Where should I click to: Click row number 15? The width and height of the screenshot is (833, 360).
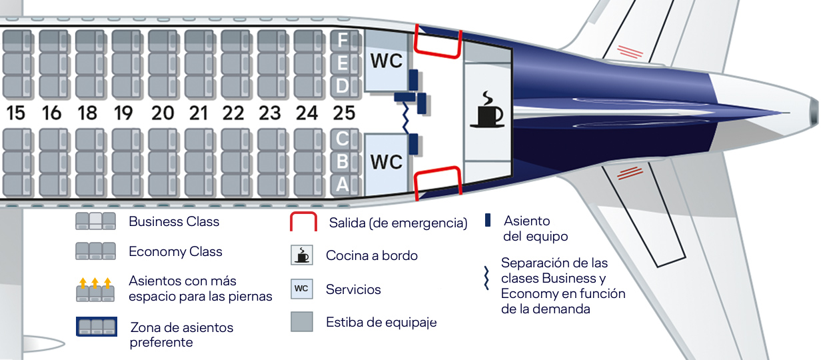click(15, 113)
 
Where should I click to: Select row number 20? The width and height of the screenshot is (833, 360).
click(161, 113)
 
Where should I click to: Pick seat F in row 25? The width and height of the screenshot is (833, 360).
click(342, 41)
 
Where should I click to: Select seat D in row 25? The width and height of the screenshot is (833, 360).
click(342, 86)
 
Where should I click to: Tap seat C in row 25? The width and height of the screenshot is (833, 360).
click(342, 139)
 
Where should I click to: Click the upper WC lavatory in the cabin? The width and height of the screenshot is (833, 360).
click(387, 61)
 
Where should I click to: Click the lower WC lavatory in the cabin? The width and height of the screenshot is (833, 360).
click(387, 162)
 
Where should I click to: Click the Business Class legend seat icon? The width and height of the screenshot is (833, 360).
click(96, 221)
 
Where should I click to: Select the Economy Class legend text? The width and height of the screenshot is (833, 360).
click(175, 252)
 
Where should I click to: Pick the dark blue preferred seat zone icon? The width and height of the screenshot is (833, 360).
click(97, 327)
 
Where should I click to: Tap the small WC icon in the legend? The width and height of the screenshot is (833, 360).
click(301, 289)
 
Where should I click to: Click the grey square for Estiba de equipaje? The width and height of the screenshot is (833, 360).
click(301, 322)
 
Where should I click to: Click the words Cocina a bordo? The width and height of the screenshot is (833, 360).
click(372, 255)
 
